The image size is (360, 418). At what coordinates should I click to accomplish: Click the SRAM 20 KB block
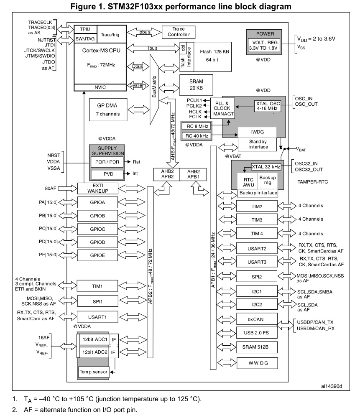196,85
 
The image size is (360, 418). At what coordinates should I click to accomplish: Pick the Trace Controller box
179,32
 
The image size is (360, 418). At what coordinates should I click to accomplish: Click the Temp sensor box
94,372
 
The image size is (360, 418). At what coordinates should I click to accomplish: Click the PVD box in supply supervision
107,173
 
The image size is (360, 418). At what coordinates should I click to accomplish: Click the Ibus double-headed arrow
152,48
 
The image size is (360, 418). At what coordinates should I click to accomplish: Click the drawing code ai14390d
332,386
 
